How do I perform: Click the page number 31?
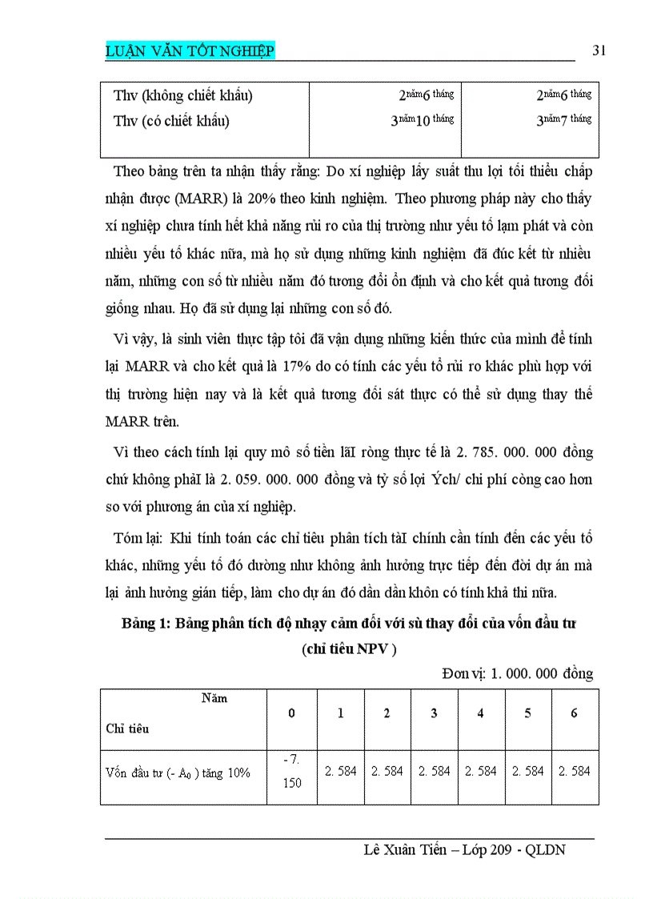pyautogui.click(x=599, y=51)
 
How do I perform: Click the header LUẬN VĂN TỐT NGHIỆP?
pyautogui.click(x=190, y=52)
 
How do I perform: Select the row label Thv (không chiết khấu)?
pyautogui.click(x=183, y=96)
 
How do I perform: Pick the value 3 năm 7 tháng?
pyautogui.click(x=563, y=121)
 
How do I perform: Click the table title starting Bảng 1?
pyautogui.click(x=349, y=623)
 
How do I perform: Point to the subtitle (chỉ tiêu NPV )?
pyautogui.click(x=349, y=649)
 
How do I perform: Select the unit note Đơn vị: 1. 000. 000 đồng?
pyautogui.click(x=517, y=673)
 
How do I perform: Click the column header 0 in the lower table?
pyautogui.click(x=292, y=713)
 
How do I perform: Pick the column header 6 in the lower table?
pyautogui.click(x=574, y=713)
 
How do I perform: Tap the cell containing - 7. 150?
pyautogui.click(x=292, y=771)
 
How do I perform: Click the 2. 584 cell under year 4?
pyautogui.click(x=481, y=771)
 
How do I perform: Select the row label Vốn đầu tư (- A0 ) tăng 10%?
pyautogui.click(x=178, y=773)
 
